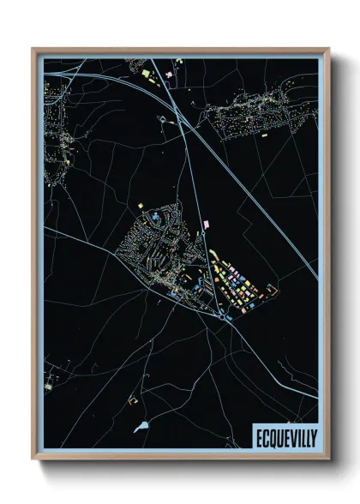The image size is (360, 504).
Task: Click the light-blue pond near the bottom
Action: [x=141, y=425]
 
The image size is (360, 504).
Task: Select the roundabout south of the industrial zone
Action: [x=223, y=316]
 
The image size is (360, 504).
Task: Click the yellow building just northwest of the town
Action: [x=141, y=205]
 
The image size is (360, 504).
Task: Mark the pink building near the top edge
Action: [x=169, y=75]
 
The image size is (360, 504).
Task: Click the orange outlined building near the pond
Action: [x=132, y=399]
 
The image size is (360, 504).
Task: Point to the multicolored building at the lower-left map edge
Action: [x=50, y=374]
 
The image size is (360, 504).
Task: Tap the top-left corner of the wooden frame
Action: [x=33, y=49]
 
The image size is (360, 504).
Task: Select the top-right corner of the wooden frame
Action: [x=329, y=49]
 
